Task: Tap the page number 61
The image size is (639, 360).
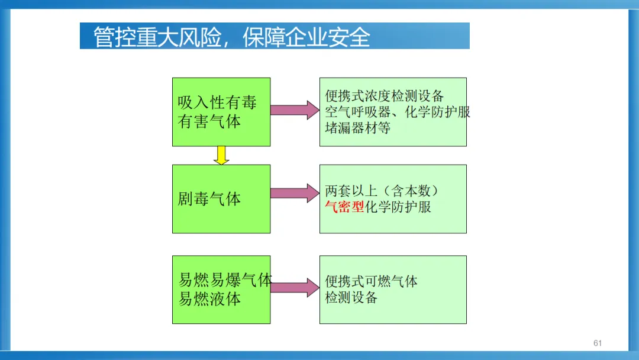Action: click(x=597, y=343)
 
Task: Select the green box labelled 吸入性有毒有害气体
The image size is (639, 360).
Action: click(x=221, y=112)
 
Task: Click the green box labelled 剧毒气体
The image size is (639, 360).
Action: click(x=221, y=199)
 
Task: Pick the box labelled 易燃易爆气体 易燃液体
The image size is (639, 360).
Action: click(x=221, y=290)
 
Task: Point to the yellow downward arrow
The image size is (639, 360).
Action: click(x=221, y=155)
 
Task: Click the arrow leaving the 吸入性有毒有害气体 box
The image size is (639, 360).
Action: click(x=295, y=110)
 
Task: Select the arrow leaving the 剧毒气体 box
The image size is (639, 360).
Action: click(x=295, y=193)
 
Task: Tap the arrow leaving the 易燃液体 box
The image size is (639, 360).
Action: click(x=295, y=287)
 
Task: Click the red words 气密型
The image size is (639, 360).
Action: click(x=345, y=207)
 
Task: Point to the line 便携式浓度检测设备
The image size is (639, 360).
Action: click(x=385, y=96)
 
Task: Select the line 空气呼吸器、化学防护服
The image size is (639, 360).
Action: click(x=398, y=112)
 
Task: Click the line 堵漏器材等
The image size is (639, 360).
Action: click(x=357, y=128)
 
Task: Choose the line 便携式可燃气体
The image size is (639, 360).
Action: click(x=371, y=282)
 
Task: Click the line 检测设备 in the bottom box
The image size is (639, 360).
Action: click(x=351, y=298)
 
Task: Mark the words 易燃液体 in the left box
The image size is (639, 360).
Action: click(x=209, y=299)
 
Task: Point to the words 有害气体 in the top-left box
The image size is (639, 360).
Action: click(x=209, y=121)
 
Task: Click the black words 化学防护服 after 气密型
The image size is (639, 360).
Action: click(x=398, y=207)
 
